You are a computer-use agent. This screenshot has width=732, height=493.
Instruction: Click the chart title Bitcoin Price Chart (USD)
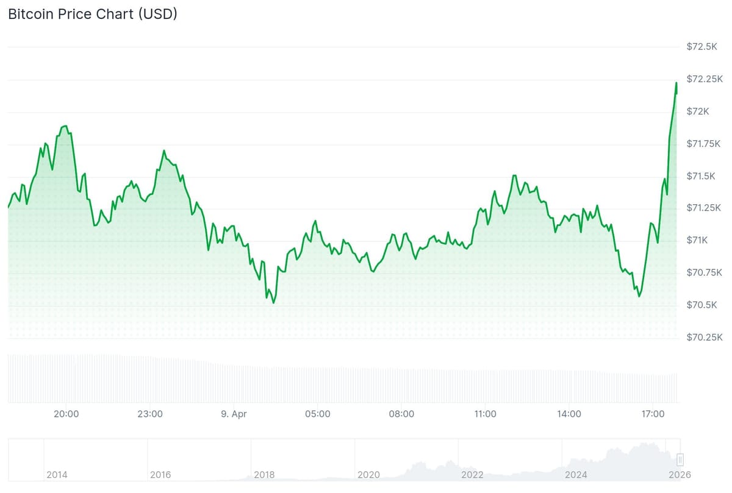point(93,15)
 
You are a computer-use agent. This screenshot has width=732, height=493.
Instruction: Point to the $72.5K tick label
point(701,47)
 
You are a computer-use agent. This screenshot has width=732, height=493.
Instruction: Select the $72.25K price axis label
point(705,79)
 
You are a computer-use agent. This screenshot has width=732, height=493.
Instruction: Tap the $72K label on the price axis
point(698,112)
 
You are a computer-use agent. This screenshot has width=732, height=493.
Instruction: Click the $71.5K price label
point(701,176)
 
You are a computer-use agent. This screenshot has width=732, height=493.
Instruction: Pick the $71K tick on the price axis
point(697,240)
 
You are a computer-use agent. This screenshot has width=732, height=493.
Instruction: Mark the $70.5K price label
point(701,305)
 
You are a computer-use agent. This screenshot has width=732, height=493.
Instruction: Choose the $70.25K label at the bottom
point(705,337)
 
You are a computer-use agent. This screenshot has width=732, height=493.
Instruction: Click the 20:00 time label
point(66,414)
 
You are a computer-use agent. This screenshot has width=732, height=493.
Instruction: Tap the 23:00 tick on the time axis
point(150,414)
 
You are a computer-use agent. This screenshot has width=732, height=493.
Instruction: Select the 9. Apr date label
point(234,414)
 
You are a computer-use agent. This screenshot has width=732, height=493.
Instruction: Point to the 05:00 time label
point(318,414)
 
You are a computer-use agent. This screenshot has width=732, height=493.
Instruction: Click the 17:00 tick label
point(653,414)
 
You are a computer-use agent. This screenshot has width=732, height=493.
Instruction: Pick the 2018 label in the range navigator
point(264,475)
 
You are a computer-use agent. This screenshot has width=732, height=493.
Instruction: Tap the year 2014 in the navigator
point(57,475)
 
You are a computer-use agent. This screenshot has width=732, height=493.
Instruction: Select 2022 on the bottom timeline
point(472,475)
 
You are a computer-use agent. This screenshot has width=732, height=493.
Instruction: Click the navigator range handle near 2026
point(680,459)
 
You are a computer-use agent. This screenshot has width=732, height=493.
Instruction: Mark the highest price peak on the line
point(676,83)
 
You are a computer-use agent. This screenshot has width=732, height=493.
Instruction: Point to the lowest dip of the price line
point(273,303)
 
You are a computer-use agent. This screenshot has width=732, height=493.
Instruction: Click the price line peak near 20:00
point(65,126)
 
